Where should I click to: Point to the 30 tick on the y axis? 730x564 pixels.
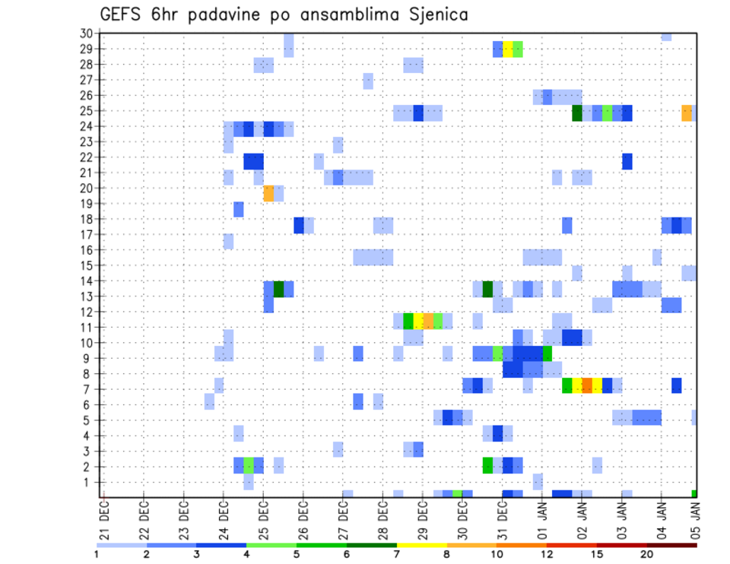click(86, 33)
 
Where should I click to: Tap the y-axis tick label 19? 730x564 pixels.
click(86, 204)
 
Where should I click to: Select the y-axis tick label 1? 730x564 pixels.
click(88, 482)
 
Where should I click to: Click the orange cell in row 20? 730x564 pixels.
click(268, 194)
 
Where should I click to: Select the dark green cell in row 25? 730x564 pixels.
click(577, 112)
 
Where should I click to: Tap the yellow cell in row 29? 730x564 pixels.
click(508, 49)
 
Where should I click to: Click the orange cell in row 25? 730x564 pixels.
click(687, 112)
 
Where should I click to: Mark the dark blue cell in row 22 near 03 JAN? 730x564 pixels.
click(627, 161)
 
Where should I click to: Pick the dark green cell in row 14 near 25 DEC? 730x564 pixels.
click(278, 289)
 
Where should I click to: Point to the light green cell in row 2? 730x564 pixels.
click(249, 465)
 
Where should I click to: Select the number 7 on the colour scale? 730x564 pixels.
click(396, 553)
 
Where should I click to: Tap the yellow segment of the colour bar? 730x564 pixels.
click(421, 545)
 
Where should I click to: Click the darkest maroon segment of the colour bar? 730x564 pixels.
click(671, 545)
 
